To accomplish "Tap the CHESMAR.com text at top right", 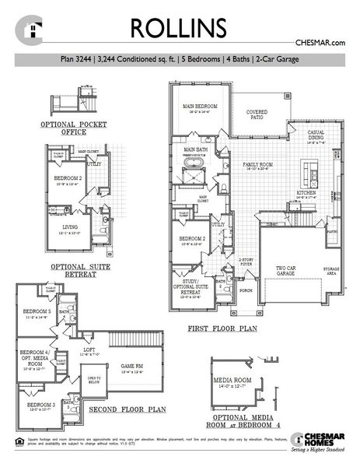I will [320, 44].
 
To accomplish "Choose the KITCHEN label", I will [306, 192].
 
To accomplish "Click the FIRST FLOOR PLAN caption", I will [222, 329].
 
